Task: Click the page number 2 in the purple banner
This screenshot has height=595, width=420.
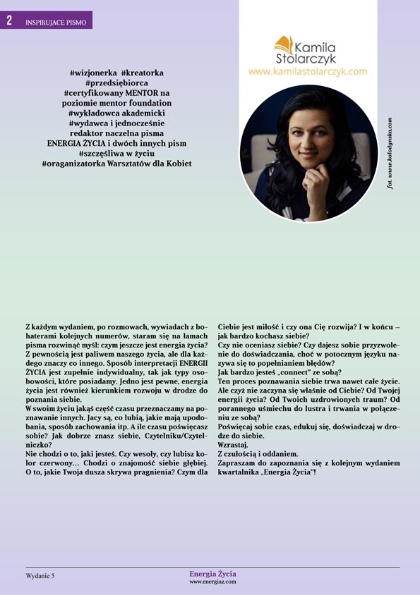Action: tap(9, 20)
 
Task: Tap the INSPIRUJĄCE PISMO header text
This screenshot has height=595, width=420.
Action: tap(56, 23)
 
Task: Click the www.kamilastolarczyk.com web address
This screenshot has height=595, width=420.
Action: tap(308, 71)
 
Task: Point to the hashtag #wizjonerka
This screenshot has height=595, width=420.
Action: tap(93, 73)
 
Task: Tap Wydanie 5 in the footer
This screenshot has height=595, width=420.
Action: tap(40, 576)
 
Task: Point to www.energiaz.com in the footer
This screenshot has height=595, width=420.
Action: tap(212, 582)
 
